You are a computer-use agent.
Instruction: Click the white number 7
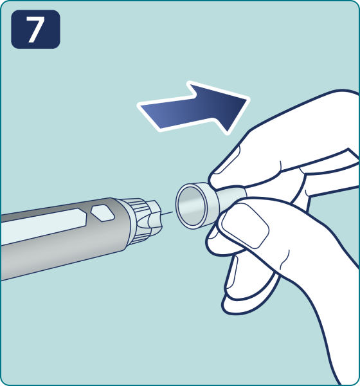35,30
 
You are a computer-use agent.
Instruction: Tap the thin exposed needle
167,214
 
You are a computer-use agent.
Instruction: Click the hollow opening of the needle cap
192,206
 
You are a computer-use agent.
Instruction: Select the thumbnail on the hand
246,225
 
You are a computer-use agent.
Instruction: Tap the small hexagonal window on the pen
103,213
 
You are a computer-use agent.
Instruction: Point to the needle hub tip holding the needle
154,217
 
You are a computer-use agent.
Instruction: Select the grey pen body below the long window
62,256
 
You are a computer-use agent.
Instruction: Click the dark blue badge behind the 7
35,30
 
